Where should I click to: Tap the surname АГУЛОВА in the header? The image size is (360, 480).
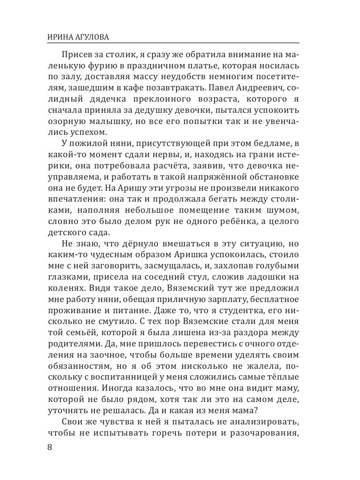93,37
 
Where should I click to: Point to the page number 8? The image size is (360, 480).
50,447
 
